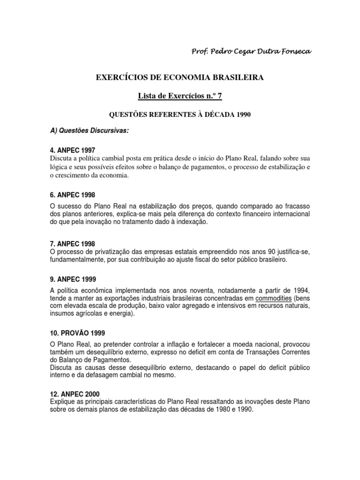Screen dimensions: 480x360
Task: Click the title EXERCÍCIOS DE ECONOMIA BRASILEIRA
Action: coord(180,77)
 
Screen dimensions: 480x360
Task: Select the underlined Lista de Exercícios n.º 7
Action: coord(180,96)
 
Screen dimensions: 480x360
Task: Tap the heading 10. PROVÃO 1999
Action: coord(77,332)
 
